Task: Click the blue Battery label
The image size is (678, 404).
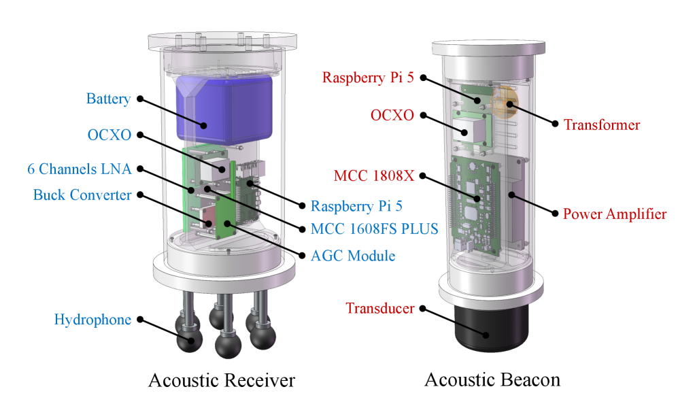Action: [x=108, y=99]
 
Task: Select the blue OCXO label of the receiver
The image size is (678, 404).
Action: [x=109, y=135]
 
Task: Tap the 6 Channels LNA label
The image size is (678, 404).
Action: [x=79, y=168]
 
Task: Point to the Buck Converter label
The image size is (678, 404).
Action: [x=82, y=195]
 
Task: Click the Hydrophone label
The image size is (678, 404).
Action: [x=92, y=320]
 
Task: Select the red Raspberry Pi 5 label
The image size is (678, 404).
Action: [x=368, y=78]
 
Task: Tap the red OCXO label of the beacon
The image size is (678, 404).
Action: [x=392, y=115]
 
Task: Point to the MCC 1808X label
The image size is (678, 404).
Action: [x=373, y=176]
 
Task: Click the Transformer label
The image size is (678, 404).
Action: [x=602, y=124]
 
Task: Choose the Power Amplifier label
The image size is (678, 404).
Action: [x=615, y=214]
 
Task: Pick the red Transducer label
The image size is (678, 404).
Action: [x=379, y=308]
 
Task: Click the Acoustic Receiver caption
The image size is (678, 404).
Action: [x=222, y=380]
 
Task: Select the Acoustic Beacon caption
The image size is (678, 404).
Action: [x=492, y=379]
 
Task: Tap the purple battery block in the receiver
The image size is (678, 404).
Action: [x=224, y=109]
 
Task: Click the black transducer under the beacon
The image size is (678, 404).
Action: [x=492, y=326]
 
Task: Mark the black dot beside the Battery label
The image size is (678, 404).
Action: [x=140, y=99]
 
